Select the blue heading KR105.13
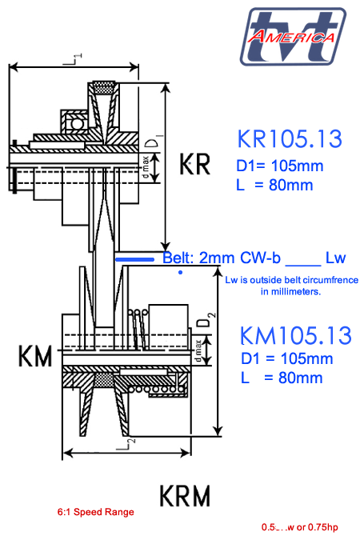tap(290, 139)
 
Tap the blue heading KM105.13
tap(296, 335)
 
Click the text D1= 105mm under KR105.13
tap(280, 166)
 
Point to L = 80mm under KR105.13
tap(274, 186)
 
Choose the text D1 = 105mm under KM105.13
tap(286, 358)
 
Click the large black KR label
tap(194, 165)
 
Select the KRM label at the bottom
tap(185, 496)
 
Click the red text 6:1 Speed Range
tap(95, 512)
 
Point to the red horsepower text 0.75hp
tap(324, 527)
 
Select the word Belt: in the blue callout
tap(179, 258)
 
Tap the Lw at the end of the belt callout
tap(335, 258)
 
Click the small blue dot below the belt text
tap(180, 273)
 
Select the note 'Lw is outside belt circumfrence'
tap(291, 280)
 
